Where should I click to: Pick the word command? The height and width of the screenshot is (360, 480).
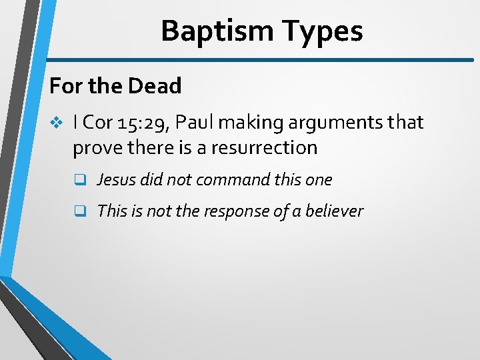click(x=237, y=179)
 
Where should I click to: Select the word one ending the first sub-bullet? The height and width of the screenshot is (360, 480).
click(x=319, y=179)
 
